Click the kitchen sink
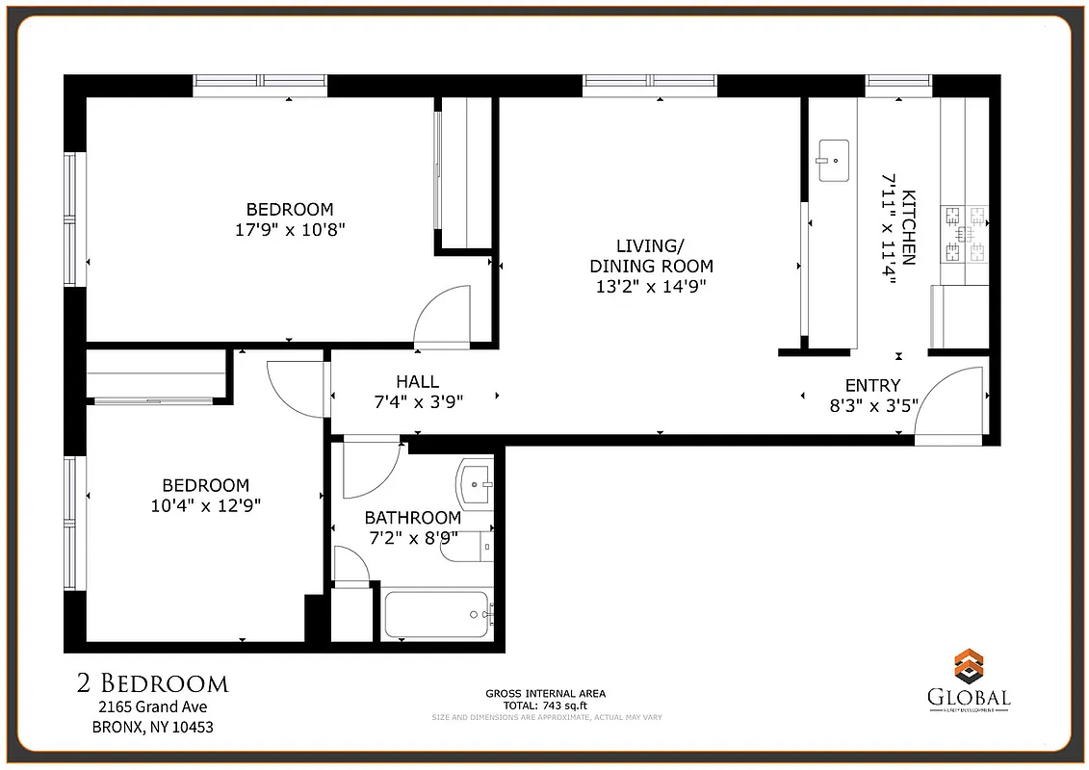834,160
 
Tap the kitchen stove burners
966,234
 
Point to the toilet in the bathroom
471,546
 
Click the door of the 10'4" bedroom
295,388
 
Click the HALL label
417,382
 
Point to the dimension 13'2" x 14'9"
651,286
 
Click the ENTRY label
872,385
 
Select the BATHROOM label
412,518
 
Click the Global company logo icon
968,667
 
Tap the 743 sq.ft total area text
545,705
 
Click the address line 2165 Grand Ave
152,706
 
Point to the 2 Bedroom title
152,683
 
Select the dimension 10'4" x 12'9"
205,504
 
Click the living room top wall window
650,86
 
